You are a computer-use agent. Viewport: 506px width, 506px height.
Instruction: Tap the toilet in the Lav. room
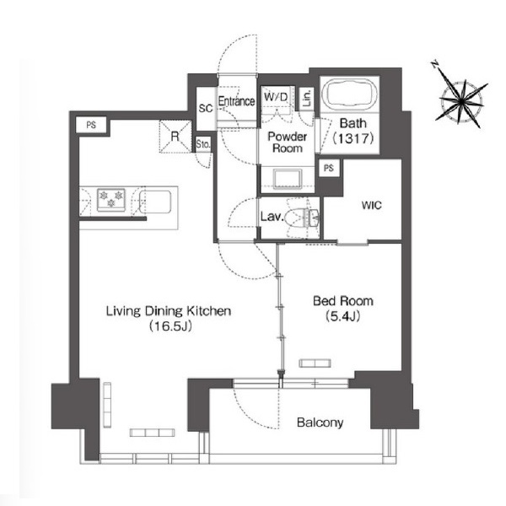[x=303, y=218]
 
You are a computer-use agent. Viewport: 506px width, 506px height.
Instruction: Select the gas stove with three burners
[x=111, y=199]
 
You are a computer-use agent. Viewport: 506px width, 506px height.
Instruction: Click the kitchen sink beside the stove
[x=155, y=202]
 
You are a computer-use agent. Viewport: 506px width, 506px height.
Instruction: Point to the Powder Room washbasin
[x=288, y=179]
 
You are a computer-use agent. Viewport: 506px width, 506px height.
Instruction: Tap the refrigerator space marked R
[x=175, y=137]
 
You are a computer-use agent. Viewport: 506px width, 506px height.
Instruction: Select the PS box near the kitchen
[x=91, y=125]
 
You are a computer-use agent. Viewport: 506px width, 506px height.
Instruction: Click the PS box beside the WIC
[x=329, y=168]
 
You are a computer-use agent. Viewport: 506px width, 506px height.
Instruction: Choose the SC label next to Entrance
[x=206, y=108]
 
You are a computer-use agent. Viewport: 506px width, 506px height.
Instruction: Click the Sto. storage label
[x=203, y=144]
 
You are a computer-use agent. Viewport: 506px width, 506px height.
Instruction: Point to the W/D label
[x=276, y=96]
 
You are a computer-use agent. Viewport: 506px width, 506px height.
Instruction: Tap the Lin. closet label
[x=307, y=98]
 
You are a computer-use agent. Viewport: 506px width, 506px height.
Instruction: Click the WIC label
[x=371, y=205]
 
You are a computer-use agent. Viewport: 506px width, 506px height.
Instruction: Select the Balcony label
[x=320, y=423]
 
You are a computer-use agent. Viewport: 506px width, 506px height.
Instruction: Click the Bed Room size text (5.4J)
[x=342, y=316]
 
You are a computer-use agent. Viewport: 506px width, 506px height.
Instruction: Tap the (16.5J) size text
[x=170, y=326]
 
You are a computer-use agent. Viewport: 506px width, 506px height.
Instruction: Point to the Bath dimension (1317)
[x=353, y=138]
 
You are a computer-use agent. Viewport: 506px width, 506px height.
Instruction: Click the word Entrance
[x=236, y=101]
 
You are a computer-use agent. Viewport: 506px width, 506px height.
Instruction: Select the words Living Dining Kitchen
[x=169, y=311]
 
